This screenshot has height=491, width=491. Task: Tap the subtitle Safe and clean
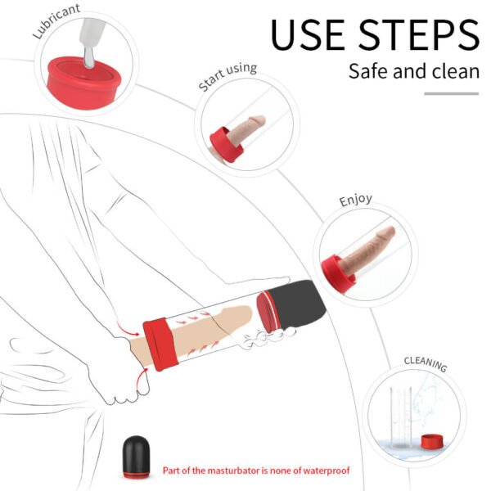tap(413, 71)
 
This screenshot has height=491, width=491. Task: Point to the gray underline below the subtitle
tap(451, 93)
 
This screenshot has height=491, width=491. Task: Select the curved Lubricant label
tap(56, 20)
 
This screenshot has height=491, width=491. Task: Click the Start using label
tap(227, 77)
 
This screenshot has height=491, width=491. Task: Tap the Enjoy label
tap(355, 200)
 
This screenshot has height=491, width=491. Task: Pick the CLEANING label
tap(425, 363)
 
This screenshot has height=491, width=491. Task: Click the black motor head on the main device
tap(299, 302)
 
